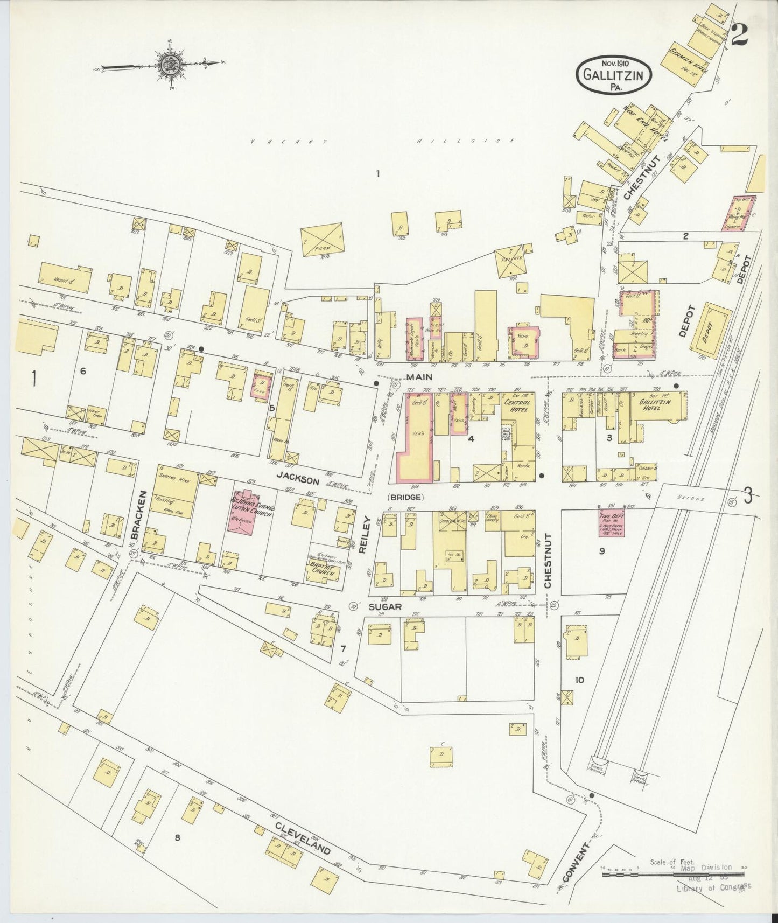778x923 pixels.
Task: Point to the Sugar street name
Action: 385,606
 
